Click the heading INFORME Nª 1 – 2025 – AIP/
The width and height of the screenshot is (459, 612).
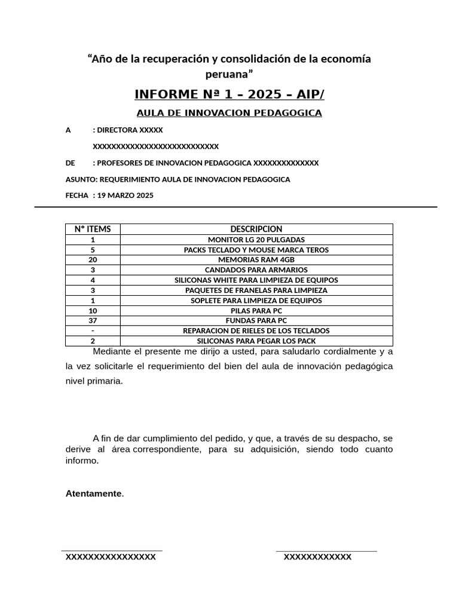coord(229,95)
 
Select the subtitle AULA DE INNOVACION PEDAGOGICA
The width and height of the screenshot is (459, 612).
coord(229,113)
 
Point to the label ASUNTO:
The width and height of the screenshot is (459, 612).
coord(81,179)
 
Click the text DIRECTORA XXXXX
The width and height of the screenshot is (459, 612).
coord(130,130)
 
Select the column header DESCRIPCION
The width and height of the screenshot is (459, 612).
coord(256,229)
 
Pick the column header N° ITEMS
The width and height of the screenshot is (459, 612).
coord(93,229)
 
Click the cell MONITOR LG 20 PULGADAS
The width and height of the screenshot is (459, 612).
coord(256,240)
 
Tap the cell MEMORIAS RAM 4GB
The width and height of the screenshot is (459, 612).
coord(256,260)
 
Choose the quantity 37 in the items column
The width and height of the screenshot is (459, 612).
coord(93,320)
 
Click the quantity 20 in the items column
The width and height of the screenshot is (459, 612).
coord(93,260)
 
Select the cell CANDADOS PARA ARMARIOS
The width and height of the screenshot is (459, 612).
coord(256,270)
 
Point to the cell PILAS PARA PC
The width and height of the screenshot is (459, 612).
coord(256,311)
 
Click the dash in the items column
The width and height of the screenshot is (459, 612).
coord(93,331)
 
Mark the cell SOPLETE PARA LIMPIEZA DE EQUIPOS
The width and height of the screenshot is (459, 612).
coord(256,301)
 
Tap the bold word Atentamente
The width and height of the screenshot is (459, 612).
coord(93,494)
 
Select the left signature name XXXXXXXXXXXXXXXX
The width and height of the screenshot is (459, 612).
coord(111,557)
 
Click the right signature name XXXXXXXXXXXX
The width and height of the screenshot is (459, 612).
coord(317,557)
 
